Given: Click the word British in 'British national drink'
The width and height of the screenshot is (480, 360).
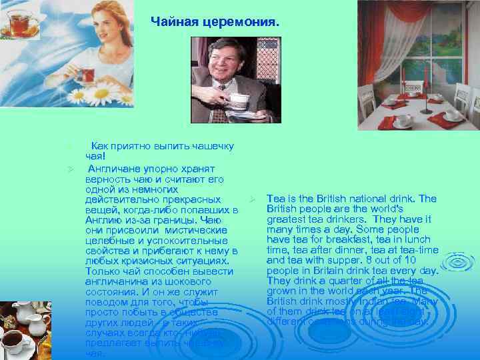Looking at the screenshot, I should pos(333,199).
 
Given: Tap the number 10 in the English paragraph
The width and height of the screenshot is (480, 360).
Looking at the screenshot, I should pos(431,259).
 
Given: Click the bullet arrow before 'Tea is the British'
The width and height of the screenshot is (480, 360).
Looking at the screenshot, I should pos(253,199).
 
